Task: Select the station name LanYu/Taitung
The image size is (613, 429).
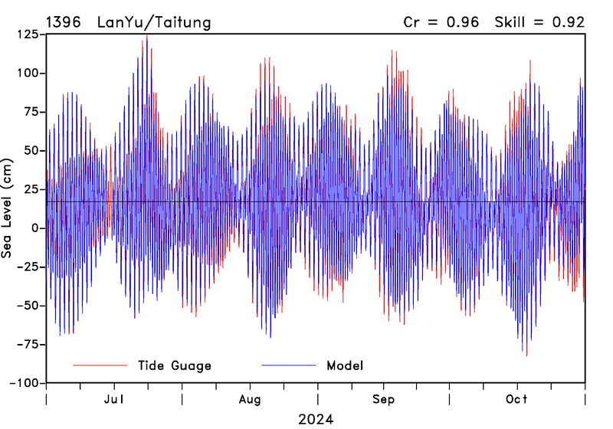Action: (153, 22)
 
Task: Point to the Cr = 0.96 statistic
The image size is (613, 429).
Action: (441, 22)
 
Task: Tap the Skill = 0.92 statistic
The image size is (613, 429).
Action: (541, 22)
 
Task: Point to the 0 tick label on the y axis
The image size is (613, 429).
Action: (37, 228)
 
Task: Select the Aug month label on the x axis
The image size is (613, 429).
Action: (250, 400)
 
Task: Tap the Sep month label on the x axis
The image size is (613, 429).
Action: (383, 400)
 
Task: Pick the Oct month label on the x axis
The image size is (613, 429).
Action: (517, 400)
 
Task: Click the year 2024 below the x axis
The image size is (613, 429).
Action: (316, 419)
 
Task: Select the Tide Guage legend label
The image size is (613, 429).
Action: (174, 365)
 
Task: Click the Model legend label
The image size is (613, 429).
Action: (345, 365)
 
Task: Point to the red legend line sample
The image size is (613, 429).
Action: (100, 365)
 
